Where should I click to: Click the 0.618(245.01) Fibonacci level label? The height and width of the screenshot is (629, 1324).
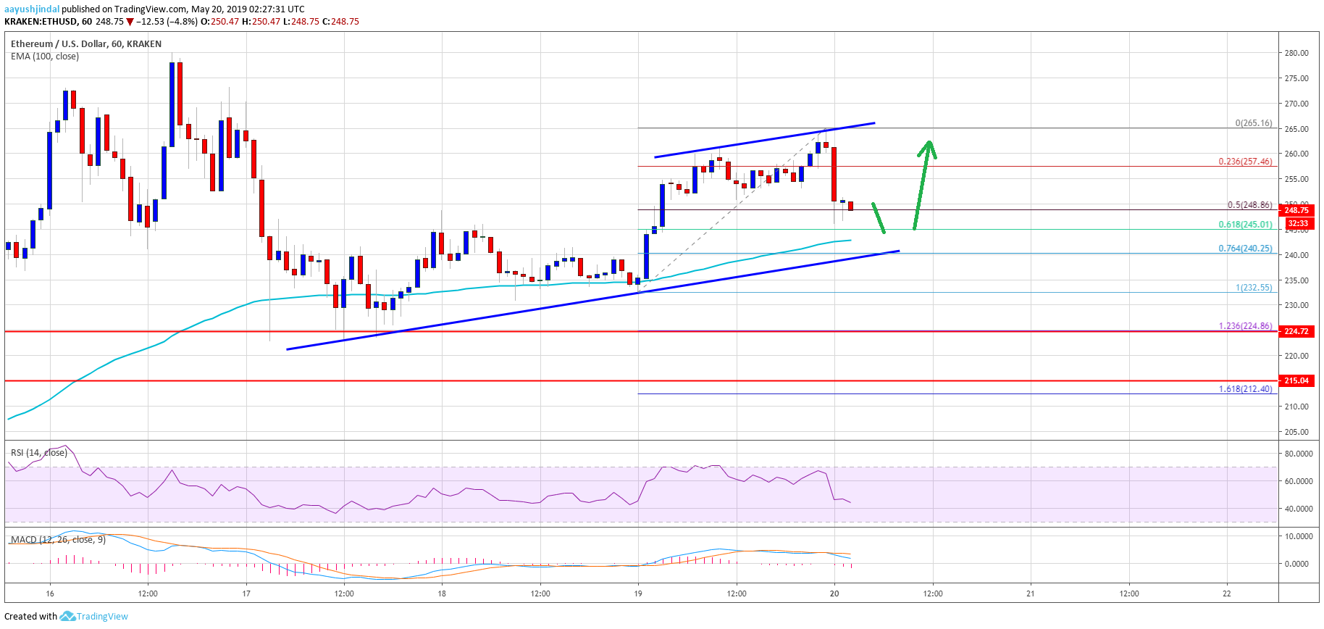coord(1244,225)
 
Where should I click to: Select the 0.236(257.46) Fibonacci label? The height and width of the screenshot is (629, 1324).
coord(1244,162)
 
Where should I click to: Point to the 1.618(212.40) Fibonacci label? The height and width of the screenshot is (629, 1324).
coord(1244,389)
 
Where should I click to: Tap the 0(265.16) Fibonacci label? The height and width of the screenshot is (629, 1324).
coord(1253,123)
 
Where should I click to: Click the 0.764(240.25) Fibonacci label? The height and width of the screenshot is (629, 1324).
coord(1244,249)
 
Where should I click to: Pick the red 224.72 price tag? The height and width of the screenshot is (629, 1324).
coord(1296,331)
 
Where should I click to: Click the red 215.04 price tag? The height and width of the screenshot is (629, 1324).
coord(1296,380)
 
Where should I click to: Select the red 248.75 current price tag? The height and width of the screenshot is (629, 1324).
coord(1296,210)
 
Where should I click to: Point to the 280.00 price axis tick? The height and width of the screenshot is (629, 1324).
coord(1296,53)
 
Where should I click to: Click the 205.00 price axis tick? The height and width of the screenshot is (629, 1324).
coord(1296,432)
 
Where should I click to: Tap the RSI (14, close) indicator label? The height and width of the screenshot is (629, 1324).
coord(38,453)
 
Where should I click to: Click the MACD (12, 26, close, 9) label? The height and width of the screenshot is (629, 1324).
coord(58,540)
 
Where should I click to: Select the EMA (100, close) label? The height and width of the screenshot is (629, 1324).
coord(45,57)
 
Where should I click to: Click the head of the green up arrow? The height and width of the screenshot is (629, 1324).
coord(928,147)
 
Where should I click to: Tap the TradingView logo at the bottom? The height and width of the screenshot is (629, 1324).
coord(94,616)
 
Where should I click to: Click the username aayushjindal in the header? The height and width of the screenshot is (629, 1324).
coord(31,9)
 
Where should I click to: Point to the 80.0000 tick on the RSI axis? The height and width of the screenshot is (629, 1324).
coord(1298,454)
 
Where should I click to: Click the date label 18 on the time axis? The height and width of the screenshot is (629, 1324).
coord(442,593)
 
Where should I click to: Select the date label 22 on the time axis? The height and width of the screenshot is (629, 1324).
coord(1226,593)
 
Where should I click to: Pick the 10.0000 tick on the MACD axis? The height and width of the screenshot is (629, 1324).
coord(1298,536)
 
